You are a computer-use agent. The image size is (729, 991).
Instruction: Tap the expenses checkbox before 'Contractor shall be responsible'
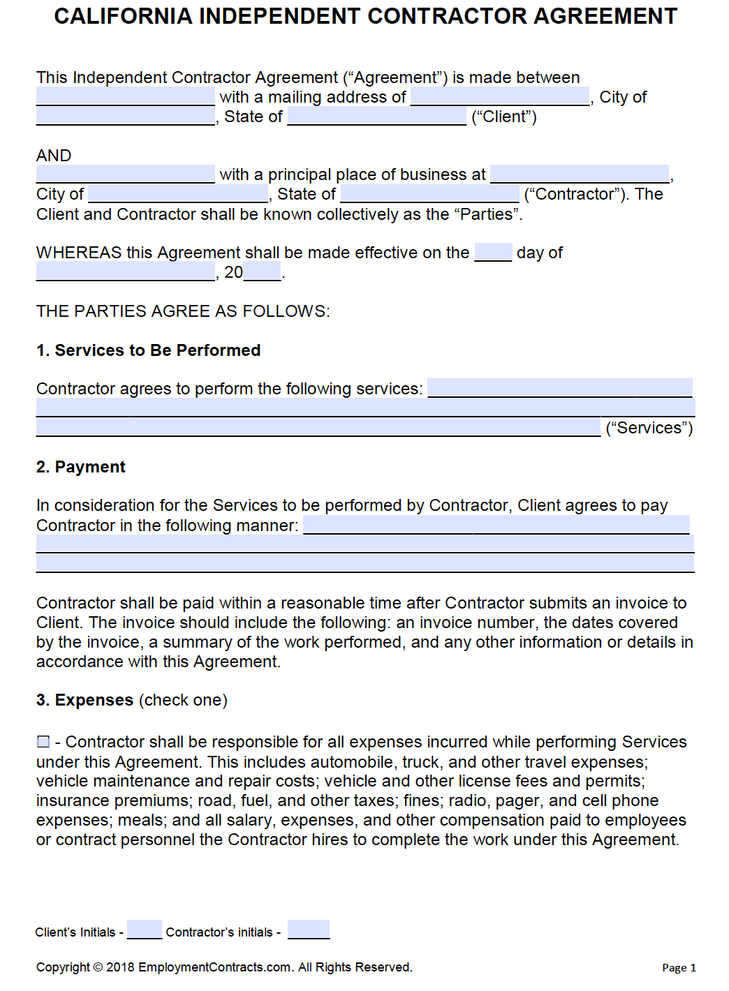tap(43, 741)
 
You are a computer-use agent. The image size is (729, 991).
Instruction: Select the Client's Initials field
tap(144, 930)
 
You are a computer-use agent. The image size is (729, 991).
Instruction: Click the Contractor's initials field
tap(308, 930)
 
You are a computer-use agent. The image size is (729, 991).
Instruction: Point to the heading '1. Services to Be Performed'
tap(148, 350)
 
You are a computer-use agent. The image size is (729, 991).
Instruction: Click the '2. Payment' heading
tap(81, 467)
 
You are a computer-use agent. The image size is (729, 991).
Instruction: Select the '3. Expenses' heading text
tap(84, 700)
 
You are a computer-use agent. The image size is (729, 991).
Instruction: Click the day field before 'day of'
tap(493, 252)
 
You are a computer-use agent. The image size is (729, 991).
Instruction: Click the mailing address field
tap(500, 96)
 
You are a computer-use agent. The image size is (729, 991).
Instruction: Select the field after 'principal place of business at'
tap(580, 174)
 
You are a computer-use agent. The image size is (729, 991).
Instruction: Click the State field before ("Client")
tap(376, 116)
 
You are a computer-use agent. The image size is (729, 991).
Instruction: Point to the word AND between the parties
tap(54, 155)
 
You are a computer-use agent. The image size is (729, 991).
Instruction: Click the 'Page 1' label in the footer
tap(679, 967)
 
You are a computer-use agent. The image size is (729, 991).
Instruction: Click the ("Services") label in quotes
tap(649, 428)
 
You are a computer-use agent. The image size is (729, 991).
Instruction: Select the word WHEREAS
tap(79, 253)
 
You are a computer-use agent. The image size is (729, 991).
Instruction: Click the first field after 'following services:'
tap(559, 388)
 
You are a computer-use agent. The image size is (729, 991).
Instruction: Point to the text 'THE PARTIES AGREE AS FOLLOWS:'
tap(183, 311)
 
